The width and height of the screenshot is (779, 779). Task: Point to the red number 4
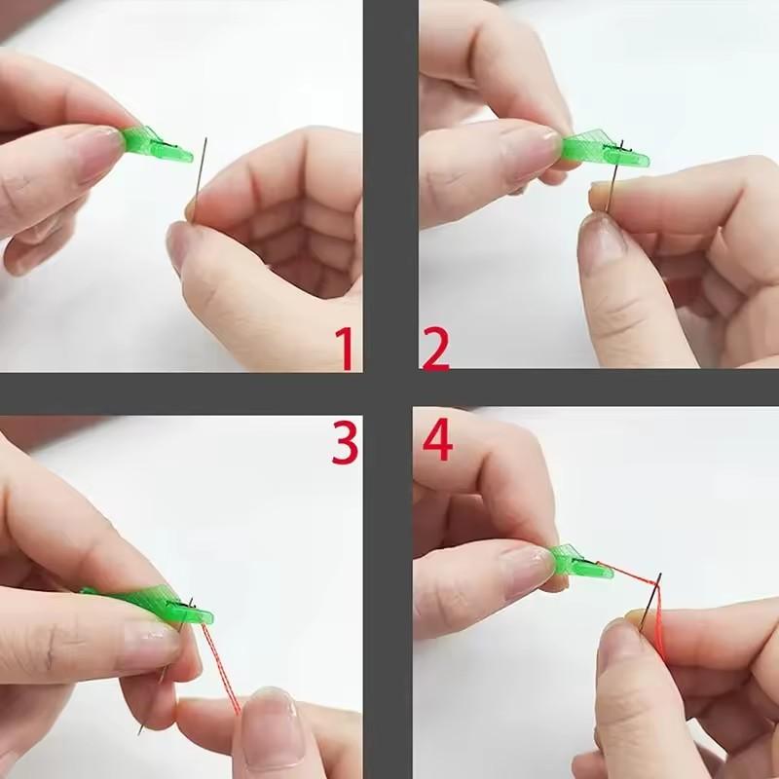(x=437, y=442)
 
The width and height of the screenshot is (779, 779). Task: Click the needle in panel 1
(x=200, y=180)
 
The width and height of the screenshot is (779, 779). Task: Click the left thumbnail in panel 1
(x=93, y=156)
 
